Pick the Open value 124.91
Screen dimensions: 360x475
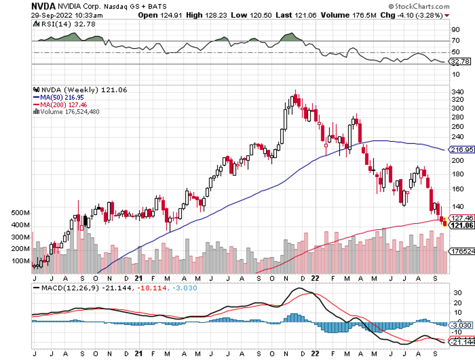[170, 15]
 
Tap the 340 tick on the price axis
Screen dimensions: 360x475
[458, 92]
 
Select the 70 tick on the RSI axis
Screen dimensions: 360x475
[456, 41]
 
